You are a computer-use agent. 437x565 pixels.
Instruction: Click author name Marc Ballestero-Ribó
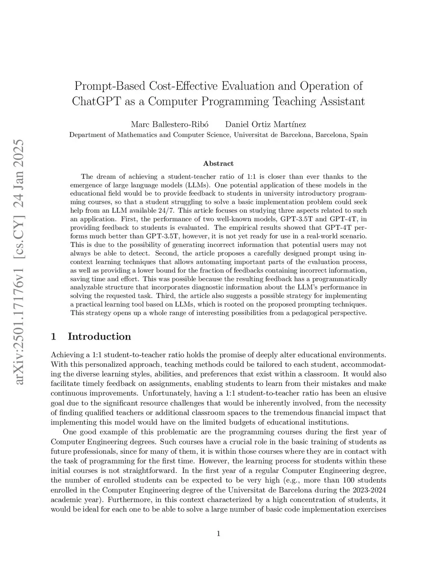(169, 125)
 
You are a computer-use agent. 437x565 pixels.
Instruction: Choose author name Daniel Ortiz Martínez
(265, 125)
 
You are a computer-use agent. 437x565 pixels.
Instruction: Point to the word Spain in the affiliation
(359, 135)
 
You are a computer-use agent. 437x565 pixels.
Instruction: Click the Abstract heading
(218, 163)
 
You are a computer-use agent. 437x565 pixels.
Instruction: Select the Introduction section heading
(99, 336)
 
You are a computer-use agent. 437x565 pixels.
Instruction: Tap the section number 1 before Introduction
(53, 336)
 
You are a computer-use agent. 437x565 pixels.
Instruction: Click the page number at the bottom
(218, 533)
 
